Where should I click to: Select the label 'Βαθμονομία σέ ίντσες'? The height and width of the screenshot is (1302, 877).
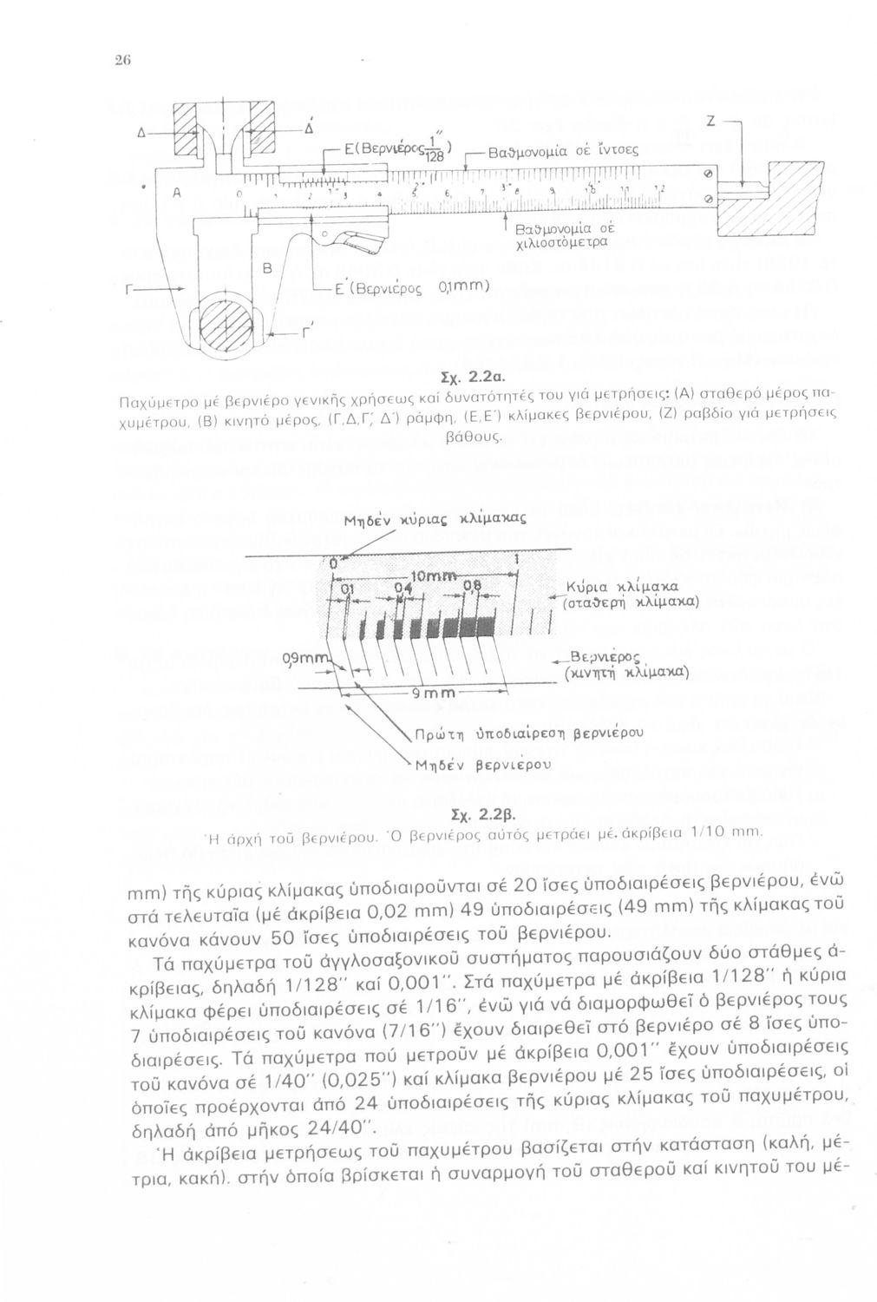[552, 151]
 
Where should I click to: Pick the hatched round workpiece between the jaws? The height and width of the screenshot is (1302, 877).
[226, 326]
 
